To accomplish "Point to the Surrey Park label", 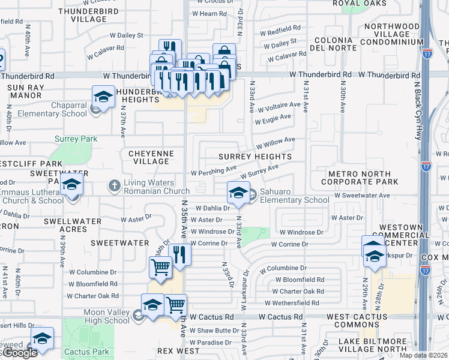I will tap(76, 139).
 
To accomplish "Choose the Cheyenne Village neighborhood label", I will tap(151, 157).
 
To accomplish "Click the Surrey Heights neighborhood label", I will tap(255, 157).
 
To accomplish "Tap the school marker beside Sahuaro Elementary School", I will tap(238, 193).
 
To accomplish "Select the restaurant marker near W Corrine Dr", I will tap(179, 254).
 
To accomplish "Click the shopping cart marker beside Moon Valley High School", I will tap(175, 305).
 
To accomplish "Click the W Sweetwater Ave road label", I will tap(362, 196).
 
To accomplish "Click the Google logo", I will tap(19, 353).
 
